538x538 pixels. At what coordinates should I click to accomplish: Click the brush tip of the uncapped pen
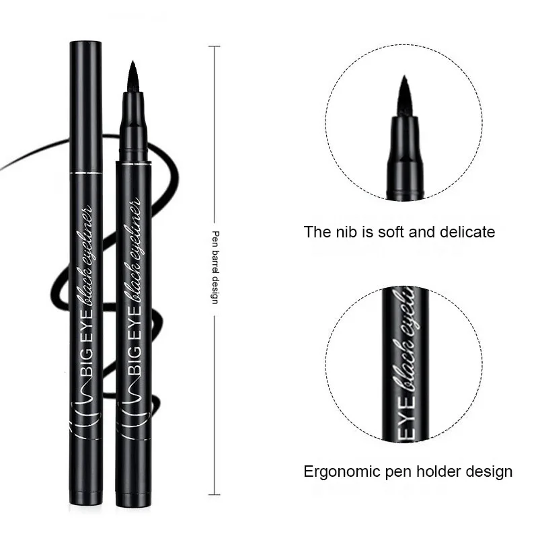[x=132, y=75]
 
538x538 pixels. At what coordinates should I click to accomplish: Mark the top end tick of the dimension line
[x=215, y=46]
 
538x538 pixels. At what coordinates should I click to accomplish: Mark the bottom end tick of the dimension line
[x=215, y=494]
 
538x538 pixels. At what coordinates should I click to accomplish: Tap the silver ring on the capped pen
[x=86, y=173]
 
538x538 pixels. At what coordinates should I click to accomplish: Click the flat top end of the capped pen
[x=86, y=43]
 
